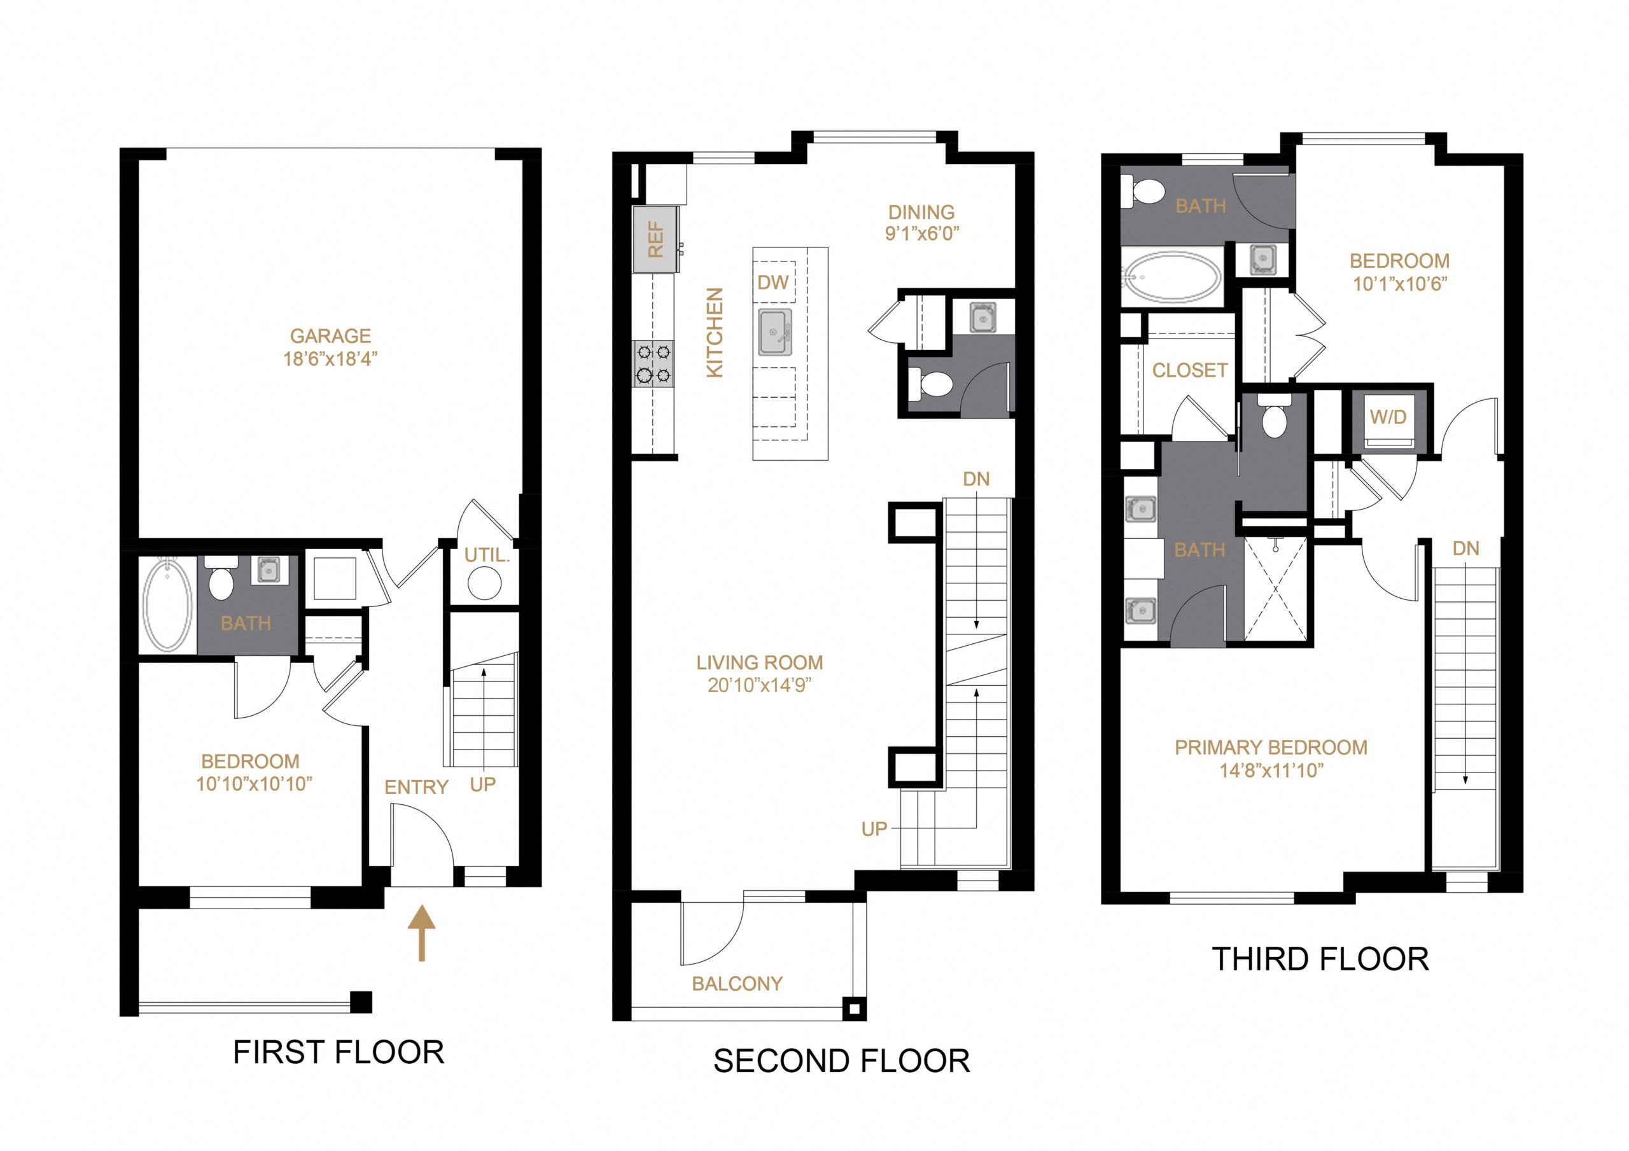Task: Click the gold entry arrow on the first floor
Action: (x=422, y=932)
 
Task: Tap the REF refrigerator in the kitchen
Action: (x=655, y=239)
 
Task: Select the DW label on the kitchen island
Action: (x=773, y=283)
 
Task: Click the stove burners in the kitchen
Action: (x=653, y=363)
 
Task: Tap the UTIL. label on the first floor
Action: (x=487, y=555)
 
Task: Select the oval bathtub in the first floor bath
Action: (x=167, y=604)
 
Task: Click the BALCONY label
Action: (x=737, y=984)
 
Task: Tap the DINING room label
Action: (x=921, y=212)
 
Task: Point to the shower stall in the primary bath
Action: (x=1275, y=589)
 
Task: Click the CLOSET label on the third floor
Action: (x=1189, y=370)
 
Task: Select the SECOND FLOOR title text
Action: (x=841, y=1061)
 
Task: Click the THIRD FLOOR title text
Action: (x=1320, y=959)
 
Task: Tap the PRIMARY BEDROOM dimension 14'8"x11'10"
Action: (x=1271, y=771)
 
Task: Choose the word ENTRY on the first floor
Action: (x=416, y=787)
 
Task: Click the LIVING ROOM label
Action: (x=759, y=663)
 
